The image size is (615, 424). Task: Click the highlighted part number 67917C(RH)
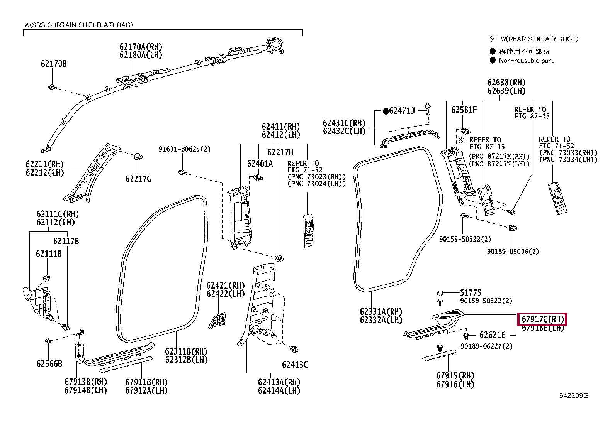(542, 319)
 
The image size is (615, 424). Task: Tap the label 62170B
(54, 64)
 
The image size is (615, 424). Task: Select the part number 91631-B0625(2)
(185, 149)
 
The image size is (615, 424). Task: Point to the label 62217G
(138, 179)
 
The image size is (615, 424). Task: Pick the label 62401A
(260, 164)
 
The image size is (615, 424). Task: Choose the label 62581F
(464, 110)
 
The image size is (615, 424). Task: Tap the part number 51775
(471, 292)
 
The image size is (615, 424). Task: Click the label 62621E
(492, 335)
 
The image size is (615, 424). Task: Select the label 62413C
(295, 365)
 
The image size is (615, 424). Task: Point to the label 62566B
(49, 364)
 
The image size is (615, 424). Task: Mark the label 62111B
(49, 254)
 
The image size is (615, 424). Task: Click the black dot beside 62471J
(386, 111)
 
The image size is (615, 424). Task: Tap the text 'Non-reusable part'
(526, 61)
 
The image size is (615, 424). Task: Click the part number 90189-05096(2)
(513, 252)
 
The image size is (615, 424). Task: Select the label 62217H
(280, 152)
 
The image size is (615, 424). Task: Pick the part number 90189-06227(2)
(486, 346)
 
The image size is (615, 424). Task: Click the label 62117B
(66, 241)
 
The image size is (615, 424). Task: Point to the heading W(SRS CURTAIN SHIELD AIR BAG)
(78, 25)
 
